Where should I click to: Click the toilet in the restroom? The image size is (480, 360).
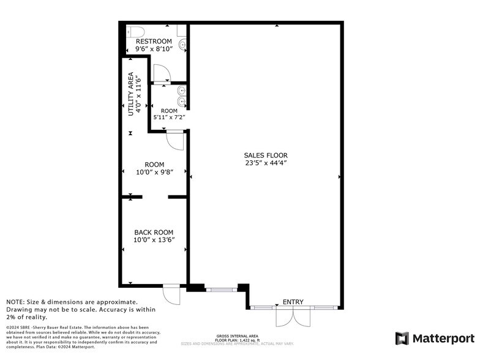click(x=135, y=31)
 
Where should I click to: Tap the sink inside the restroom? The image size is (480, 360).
click(x=181, y=44)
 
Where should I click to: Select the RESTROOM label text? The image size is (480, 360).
click(x=154, y=41)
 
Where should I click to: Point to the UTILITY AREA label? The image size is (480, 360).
click(x=130, y=94)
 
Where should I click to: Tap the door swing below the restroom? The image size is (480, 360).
click(x=162, y=73)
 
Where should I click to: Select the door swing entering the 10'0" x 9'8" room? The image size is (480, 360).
click(x=175, y=140)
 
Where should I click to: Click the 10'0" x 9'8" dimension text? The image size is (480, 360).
click(x=154, y=172)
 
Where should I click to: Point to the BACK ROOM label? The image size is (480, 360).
click(x=154, y=232)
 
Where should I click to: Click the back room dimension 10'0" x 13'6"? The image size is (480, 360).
click(x=154, y=240)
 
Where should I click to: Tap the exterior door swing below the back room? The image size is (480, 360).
click(x=171, y=295)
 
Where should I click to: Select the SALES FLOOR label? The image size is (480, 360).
click(x=266, y=156)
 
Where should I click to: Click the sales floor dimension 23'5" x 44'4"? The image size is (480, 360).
click(x=266, y=163)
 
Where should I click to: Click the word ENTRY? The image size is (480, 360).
click(x=293, y=302)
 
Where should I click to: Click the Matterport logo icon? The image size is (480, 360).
click(x=402, y=338)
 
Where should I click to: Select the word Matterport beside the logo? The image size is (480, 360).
click(x=443, y=339)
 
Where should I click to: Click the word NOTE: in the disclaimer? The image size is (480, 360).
click(x=17, y=302)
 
